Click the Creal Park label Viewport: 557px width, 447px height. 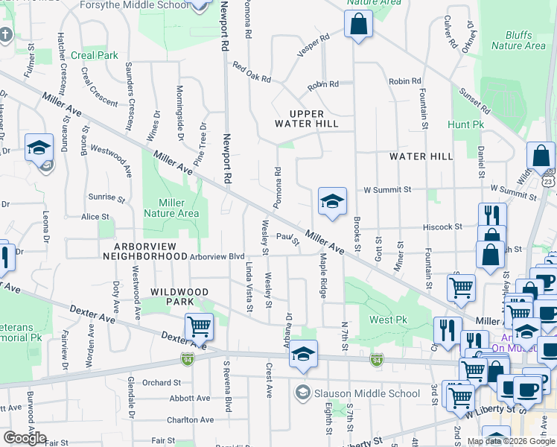coord(95,55)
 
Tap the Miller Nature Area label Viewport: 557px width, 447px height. coord(172,208)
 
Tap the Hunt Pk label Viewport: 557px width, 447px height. coord(466,124)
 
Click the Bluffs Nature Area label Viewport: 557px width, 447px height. coord(518,40)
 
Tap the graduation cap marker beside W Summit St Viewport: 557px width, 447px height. coord(332,200)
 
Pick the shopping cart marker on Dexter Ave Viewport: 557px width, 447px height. coord(199,326)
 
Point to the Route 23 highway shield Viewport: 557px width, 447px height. coord(548,181)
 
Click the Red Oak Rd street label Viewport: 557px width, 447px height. coord(251,72)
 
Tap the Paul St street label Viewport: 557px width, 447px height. coord(287,238)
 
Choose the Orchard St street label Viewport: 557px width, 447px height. coord(156,383)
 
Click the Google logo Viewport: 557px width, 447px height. coord(25,438)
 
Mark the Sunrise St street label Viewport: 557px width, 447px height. coord(107,198)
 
